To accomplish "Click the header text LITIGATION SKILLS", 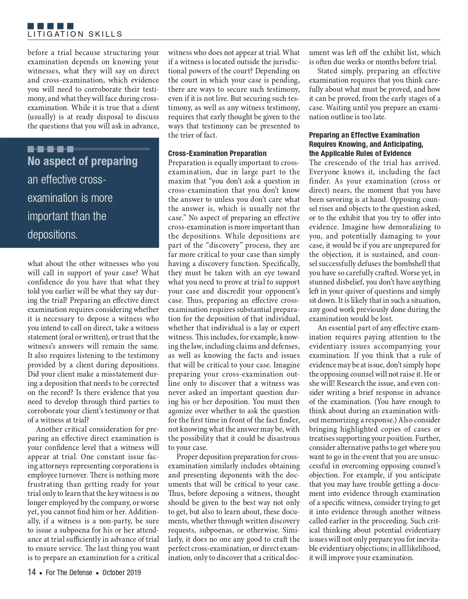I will click(x=75, y=34).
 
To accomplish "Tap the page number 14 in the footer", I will click(x=32, y=572).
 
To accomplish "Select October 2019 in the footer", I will click(x=121, y=573).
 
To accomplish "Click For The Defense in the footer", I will click(x=69, y=573).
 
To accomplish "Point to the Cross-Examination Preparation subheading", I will click(x=217, y=153).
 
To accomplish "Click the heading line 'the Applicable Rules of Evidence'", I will click(x=360, y=153).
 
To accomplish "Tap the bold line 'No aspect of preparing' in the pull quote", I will click(x=83, y=161).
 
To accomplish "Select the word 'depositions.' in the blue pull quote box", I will click(x=52, y=235).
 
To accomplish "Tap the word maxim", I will click(x=179, y=181).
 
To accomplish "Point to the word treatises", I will click(x=323, y=438).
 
